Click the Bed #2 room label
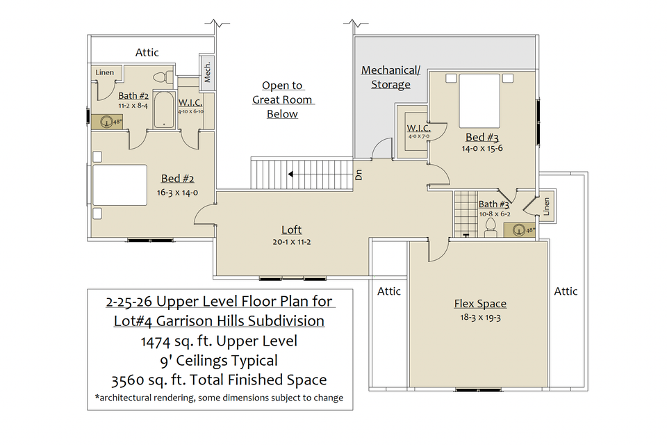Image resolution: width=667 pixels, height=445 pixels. [177, 179]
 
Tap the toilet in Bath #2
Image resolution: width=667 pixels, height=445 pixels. [163, 77]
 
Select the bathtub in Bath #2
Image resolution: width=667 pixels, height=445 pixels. [164, 109]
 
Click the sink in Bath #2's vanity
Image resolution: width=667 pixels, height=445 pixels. [105, 122]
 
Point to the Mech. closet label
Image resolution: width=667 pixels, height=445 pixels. [207, 72]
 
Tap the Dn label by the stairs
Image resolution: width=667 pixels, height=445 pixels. [359, 175]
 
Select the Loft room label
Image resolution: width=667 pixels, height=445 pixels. [291, 230]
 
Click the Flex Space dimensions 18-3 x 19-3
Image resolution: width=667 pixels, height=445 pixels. [480, 317]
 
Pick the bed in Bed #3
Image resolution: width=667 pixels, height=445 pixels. [479, 101]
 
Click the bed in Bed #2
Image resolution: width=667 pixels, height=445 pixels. [120, 185]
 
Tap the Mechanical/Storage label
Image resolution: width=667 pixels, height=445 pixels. [390, 77]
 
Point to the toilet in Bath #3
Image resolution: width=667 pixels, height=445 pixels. [491, 228]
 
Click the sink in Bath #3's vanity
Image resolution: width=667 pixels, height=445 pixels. [518, 230]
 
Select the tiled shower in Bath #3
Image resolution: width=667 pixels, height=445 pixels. [466, 214]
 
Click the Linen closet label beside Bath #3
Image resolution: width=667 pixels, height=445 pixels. [547, 207]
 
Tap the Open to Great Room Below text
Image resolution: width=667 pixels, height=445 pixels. [282, 99]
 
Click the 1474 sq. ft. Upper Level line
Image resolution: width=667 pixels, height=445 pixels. [219, 341]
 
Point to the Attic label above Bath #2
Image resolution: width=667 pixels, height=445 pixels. [147, 52]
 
